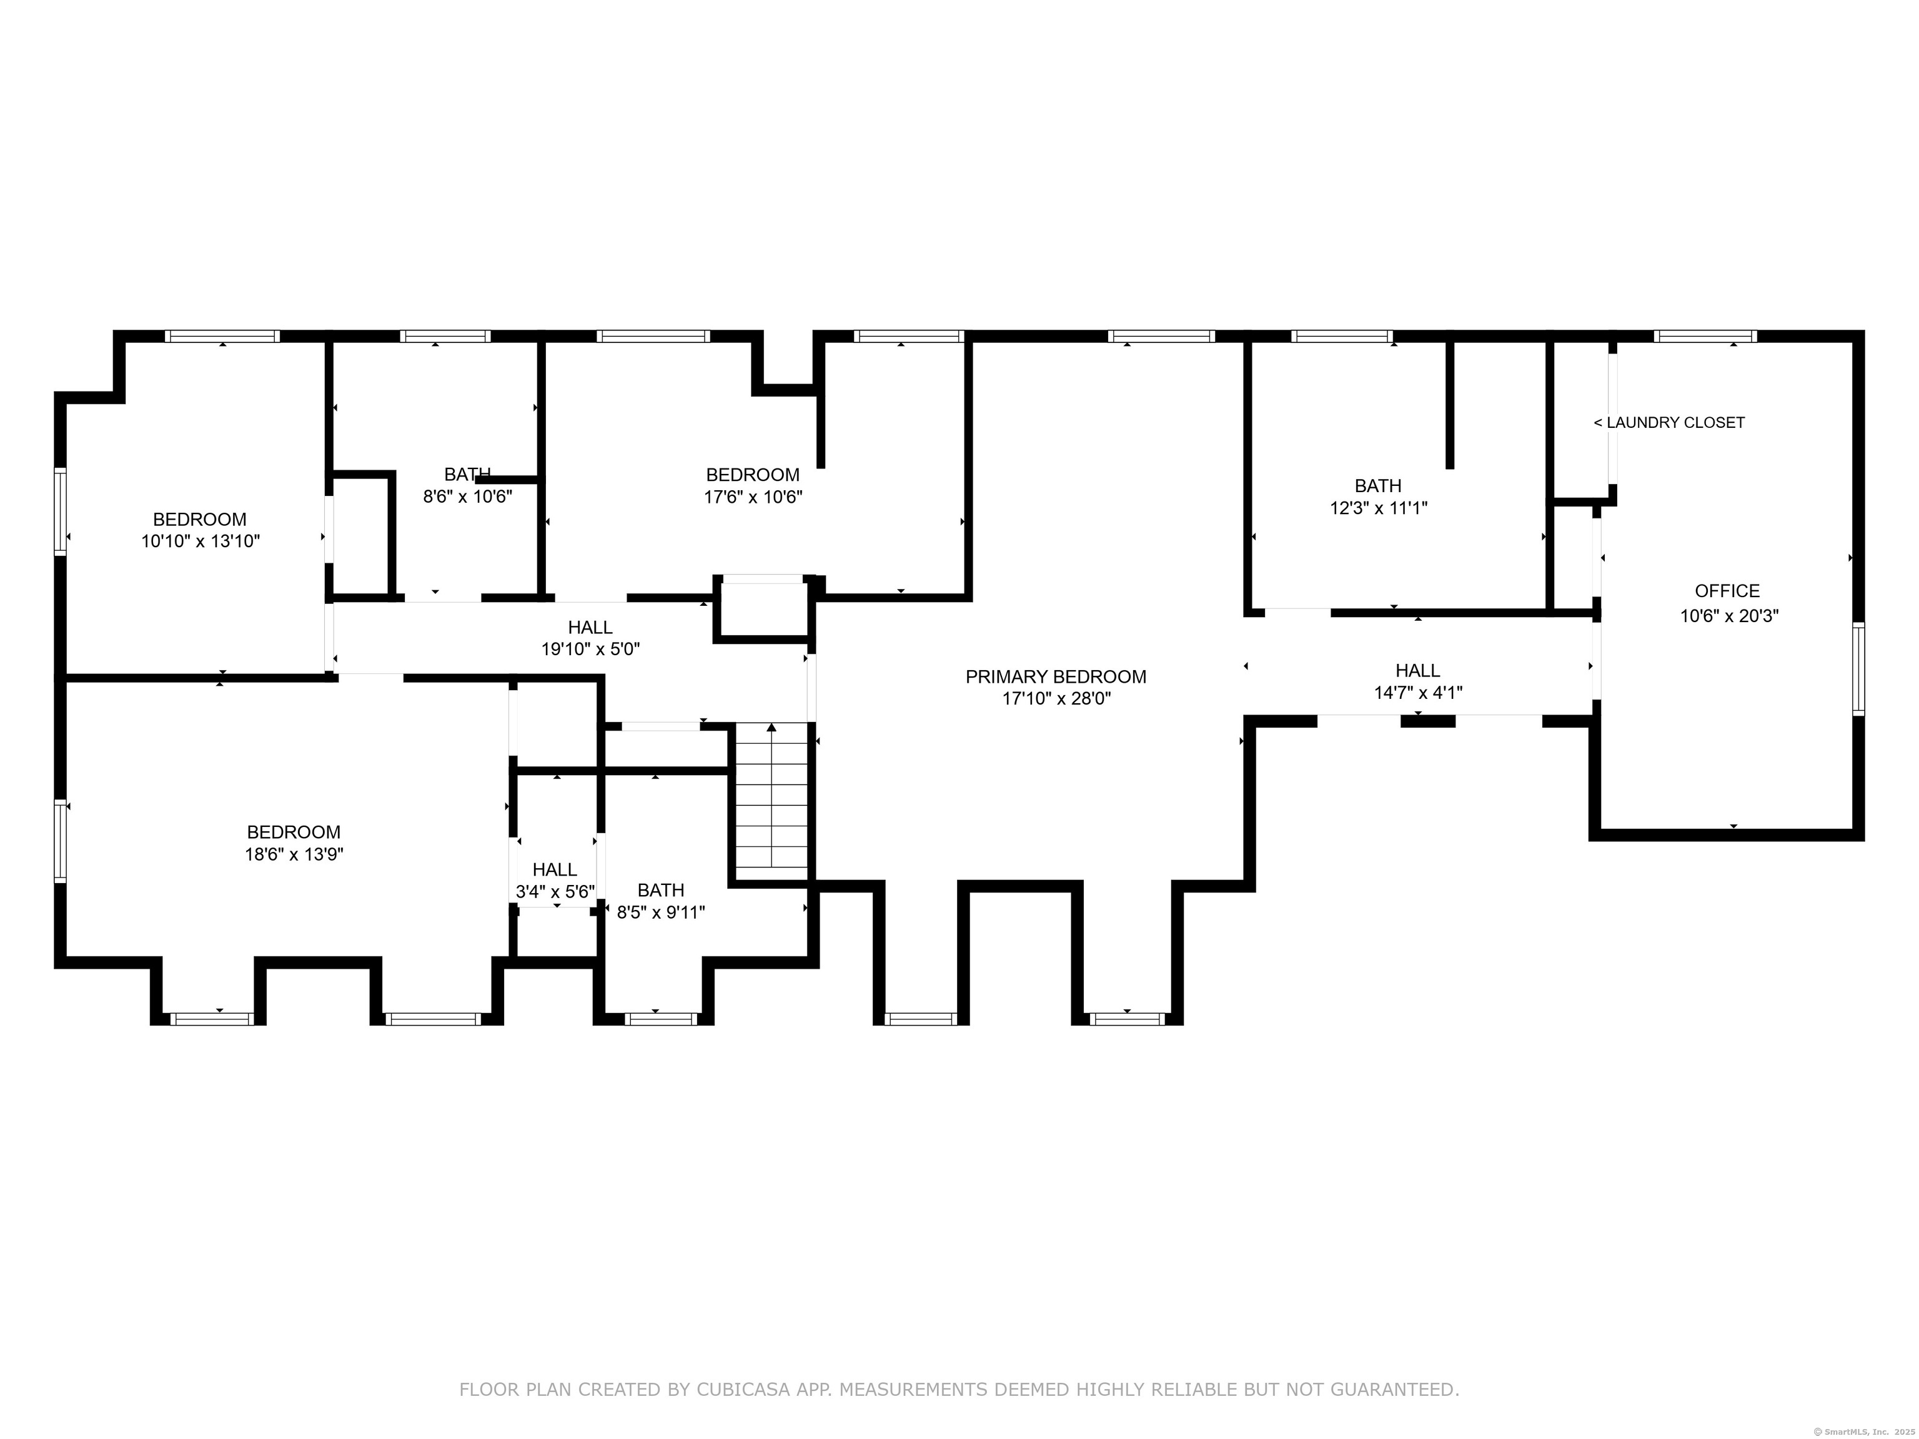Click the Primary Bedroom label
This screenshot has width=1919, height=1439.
click(x=1056, y=676)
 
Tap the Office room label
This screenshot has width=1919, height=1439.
click(x=1727, y=591)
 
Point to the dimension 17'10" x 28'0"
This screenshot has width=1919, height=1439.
click(x=1056, y=699)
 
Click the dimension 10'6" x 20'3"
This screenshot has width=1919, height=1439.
click(x=1729, y=616)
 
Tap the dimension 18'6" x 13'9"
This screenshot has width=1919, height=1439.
click(x=294, y=854)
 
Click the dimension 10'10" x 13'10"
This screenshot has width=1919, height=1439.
click(x=201, y=542)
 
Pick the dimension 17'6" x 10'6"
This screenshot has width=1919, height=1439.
click(x=753, y=497)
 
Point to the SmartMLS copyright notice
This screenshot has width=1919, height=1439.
click(x=1865, y=1432)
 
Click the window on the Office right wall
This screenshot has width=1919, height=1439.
click(x=1858, y=669)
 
